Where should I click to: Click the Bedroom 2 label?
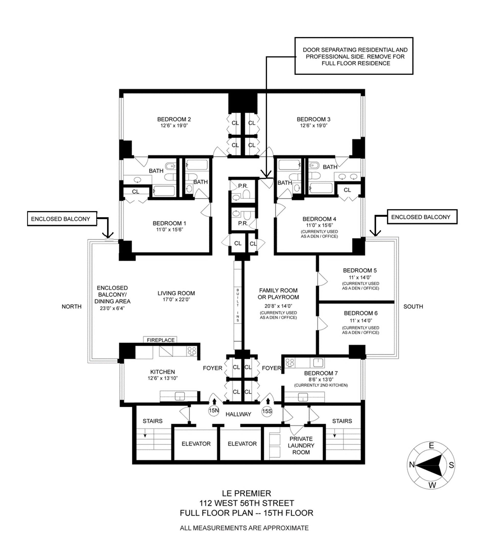(x=174, y=119)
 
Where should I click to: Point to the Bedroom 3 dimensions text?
(x=313, y=126)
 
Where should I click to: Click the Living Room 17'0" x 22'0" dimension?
(x=176, y=299)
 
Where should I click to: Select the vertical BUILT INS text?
(x=238, y=305)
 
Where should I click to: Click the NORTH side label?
(x=71, y=307)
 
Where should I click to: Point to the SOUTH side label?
(x=413, y=307)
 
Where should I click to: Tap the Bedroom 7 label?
(x=321, y=373)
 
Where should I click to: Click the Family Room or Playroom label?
(x=278, y=294)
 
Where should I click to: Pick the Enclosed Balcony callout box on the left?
(x=62, y=219)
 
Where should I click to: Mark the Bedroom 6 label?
(x=360, y=313)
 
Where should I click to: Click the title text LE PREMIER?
(x=246, y=494)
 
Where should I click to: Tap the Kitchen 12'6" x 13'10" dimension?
(x=163, y=378)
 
